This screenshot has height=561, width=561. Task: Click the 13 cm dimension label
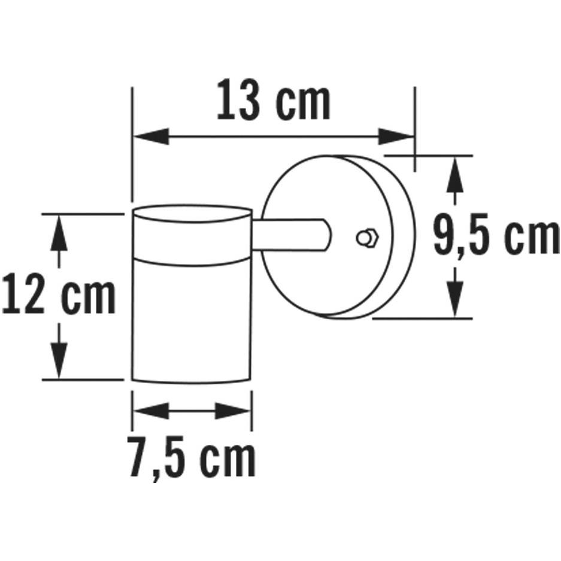pyautogui.click(x=273, y=102)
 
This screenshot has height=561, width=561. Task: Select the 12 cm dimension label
pyautogui.click(x=58, y=295)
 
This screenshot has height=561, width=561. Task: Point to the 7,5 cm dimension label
pyautogui.click(x=192, y=458)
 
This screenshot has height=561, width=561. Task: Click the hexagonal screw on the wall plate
pyautogui.click(x=365, y=238)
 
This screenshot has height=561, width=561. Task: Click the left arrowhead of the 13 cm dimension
pyautogui.click(x=150, y=137)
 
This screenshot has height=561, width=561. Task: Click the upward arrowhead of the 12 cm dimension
pyautogui.click(x=58, y=231)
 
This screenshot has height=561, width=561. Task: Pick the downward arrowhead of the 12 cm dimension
pyautogui.click(x=58, y=362)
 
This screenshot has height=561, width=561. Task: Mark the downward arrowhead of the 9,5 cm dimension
pyautogui.click(x=456, y=299)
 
